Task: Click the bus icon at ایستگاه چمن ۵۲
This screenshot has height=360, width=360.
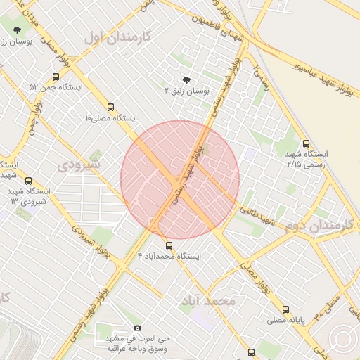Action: pyautogui.click(x=56, y=77)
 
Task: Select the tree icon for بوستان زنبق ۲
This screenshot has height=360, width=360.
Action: pyautogui.click(x=186, y=80)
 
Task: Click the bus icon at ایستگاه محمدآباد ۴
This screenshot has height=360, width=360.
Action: pyautogui.click(x=169, y=245)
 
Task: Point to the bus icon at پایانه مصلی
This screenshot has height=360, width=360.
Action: pyautogui.click(x=285, y=309)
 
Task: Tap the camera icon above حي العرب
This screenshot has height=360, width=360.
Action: pyautogui.click(x=137, y=328)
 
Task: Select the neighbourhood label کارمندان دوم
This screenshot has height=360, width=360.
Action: pyautogui.click(x=319, y=226)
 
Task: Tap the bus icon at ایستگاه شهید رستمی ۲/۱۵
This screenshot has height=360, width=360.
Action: pyautogui.click(x=305, y=143)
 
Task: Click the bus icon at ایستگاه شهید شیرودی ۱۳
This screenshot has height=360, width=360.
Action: pyautogui.click(x=28, y=181)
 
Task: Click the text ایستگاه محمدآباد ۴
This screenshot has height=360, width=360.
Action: pyautogui.click(x=169, y=257)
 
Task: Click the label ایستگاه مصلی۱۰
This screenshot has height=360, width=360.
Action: pyautogui.click(x=110, y=118)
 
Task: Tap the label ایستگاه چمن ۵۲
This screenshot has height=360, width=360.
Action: pyautogui.click(x=56, y=88)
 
